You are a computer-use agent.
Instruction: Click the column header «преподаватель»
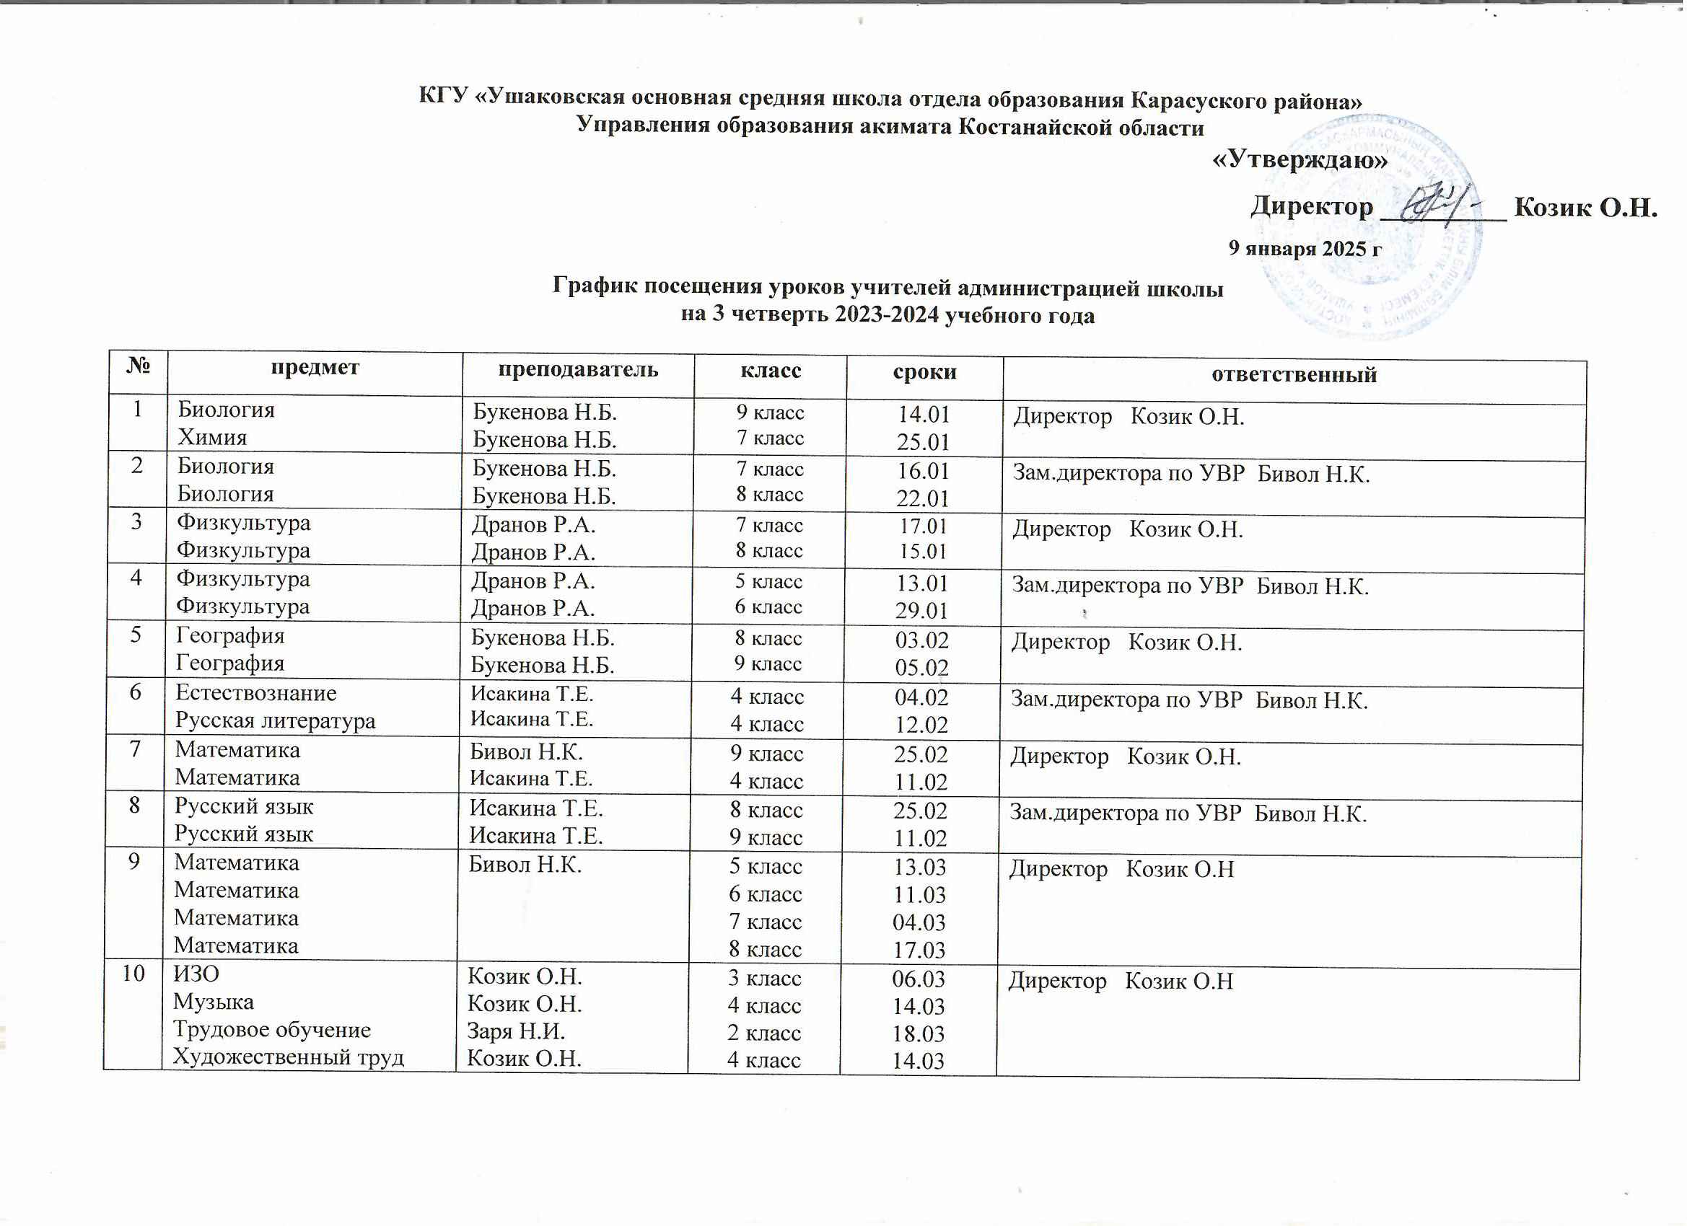tap(577, 369)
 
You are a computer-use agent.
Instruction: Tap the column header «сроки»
tap(924, 371)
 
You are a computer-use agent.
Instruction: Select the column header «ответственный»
tap(1294, 374)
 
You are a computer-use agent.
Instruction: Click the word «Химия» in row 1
tap(212, 436)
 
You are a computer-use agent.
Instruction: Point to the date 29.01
tap(921, 610)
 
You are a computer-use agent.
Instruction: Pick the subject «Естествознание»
tap(256, 693)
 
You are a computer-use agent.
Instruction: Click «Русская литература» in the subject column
tap(275, 720)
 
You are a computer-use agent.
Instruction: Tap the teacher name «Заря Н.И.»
tap(515, 1031)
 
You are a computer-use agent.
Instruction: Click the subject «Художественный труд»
tap(289, 1057)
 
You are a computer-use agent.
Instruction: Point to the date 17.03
tap(919, 951)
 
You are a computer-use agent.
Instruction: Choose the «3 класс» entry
tap(765, 978)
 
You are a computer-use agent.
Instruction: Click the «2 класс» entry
tap(764, 1033)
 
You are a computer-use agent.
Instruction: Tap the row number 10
tap(133, 973)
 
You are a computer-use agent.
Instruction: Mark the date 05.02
tap(921, 668)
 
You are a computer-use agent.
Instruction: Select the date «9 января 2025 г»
tap(1305, 248)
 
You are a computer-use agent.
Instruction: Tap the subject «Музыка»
tap(214, 1002)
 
